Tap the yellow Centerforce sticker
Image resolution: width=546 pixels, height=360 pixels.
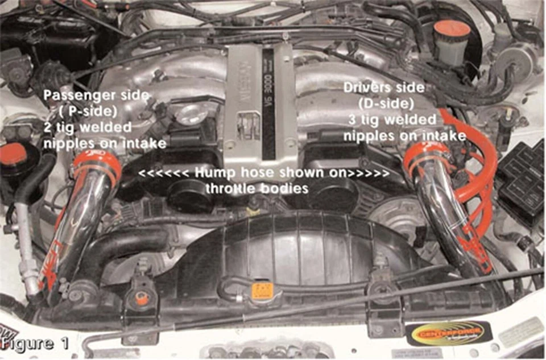tap(449, 333)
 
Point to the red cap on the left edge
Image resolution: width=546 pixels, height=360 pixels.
tap(13, 155)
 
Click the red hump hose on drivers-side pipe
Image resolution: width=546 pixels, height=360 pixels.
tap(425, 159)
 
